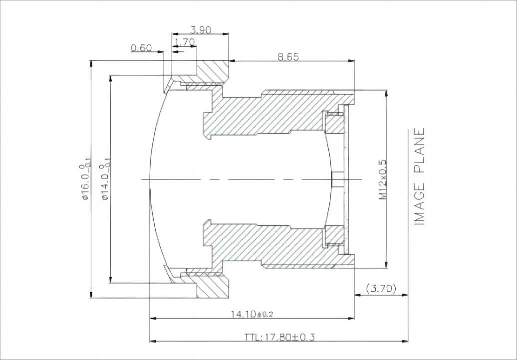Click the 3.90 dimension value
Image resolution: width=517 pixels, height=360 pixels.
pos(201,30)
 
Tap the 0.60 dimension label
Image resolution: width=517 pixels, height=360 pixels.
pos(141,48)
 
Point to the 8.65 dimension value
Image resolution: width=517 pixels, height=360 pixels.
pos(288,57)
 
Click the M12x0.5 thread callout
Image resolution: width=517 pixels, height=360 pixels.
pos(383,180)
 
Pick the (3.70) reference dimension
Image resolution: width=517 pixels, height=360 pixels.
pos(381,288)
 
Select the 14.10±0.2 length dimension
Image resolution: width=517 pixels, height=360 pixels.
pos(252,314)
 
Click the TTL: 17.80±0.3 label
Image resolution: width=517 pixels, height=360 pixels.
pos(279,337)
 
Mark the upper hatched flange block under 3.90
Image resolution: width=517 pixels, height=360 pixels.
pos(212,72)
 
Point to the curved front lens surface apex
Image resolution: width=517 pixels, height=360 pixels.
pos(151,180)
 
